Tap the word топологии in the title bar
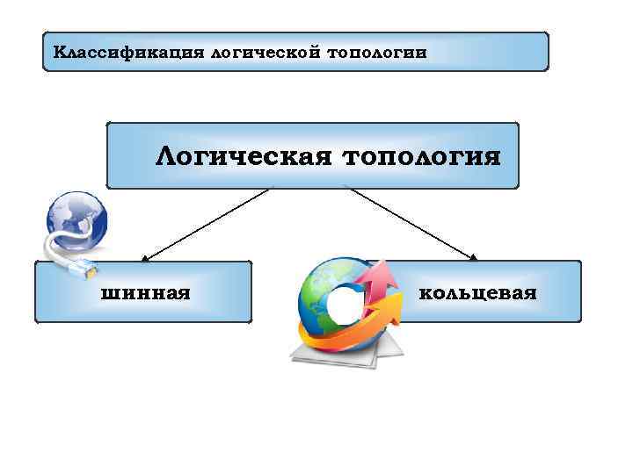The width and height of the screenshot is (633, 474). [x=377, y=52]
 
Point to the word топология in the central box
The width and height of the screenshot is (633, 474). [x=421, y=157]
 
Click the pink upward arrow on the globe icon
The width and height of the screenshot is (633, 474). [x=380, y=281]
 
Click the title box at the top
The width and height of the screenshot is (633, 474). [x=295, y=52]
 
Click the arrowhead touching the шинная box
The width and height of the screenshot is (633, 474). [x=146, y=258]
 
